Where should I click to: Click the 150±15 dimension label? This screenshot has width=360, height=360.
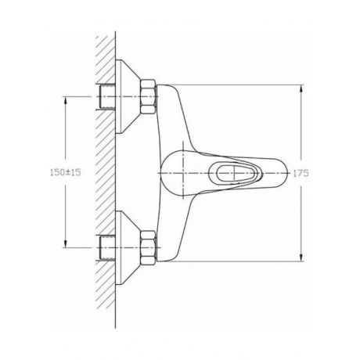coord(66,172)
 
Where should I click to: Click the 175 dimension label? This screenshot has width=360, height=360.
coord(301,173)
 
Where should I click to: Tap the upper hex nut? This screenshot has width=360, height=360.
coord(148,96)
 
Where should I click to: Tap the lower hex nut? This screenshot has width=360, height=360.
coord(148,247)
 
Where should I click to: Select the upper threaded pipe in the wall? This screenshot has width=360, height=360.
coord(107,96)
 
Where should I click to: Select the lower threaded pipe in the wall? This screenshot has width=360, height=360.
coord(107,247)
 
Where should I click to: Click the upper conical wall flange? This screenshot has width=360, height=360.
coord(128,96)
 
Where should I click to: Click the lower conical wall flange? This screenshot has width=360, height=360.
coord(128,247)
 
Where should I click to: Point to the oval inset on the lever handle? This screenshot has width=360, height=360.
coord(236,173)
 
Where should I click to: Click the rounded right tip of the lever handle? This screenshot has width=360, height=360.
coord(286,173)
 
